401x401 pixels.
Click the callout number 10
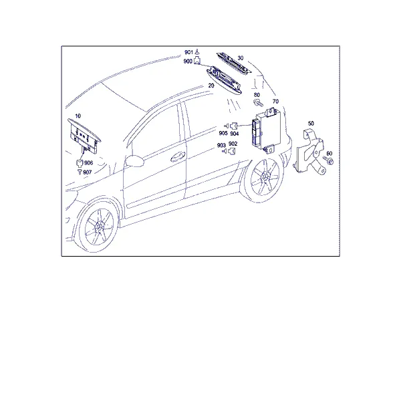click(78, 116)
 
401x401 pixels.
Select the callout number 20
click(211, 86)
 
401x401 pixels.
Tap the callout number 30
click(241, 58)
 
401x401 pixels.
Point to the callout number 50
click(311, 124)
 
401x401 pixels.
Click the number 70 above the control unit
click(275, 102)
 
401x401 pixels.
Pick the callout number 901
click(188, 52)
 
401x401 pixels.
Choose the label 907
click(87, 172)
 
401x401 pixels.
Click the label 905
click(223, 133)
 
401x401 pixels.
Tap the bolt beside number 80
click(258, 103)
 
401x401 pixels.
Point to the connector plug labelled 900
click(197, 61)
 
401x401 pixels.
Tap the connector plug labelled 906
click(80, 163)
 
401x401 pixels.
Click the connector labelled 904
click(234, 126)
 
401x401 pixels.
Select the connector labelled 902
click(232, 151)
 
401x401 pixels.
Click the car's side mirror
click(134, 161)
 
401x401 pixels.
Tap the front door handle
click(178, 156)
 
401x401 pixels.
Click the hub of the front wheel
click(99, 226)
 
